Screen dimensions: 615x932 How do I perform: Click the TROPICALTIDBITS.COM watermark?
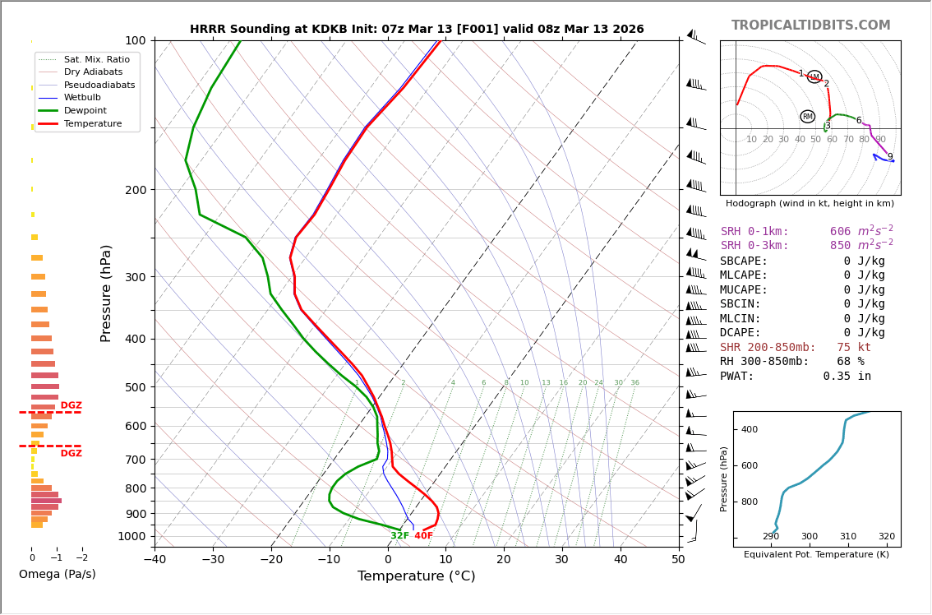(x=810, y=25)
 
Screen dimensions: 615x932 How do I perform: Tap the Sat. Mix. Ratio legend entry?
(x=96, y=60)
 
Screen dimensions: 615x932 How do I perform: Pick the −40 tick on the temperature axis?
(x=155, y=560)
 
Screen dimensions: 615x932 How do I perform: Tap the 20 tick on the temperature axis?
(x=503, y=560)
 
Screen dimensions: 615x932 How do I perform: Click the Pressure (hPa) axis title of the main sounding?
(x=106, y=293)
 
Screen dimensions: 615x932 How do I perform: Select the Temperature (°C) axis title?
(x=416, y=576)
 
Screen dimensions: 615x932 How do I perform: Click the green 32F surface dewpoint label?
(x=399, y=536)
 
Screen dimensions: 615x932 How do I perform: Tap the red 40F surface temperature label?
(x=423, y=536)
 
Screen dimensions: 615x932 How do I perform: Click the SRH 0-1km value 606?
(x=840, y=232)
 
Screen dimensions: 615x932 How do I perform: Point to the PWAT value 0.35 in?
(x=847, y=377)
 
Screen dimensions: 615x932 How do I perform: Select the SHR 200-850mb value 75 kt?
(x=853, y=348)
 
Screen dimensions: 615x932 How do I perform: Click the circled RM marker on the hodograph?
(x=808, y=117)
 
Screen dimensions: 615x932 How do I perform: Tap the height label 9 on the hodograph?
(x=890, y=157)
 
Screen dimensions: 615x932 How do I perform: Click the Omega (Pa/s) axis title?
(x=57, y=574)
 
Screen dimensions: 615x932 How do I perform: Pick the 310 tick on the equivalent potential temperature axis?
(x=847, y=536)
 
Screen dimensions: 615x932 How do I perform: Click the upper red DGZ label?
(x=71, y=405)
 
